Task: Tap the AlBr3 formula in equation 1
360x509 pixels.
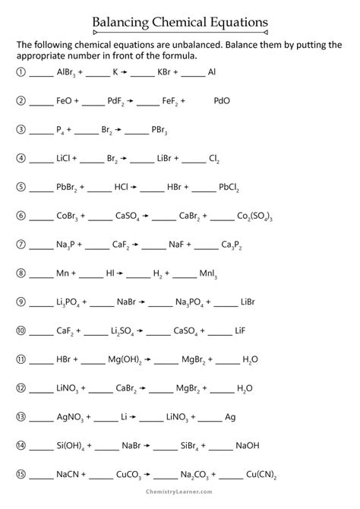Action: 68,73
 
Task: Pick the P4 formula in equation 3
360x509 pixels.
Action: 61,130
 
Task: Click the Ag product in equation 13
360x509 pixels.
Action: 229,417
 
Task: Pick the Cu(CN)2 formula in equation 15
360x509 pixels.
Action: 261,475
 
